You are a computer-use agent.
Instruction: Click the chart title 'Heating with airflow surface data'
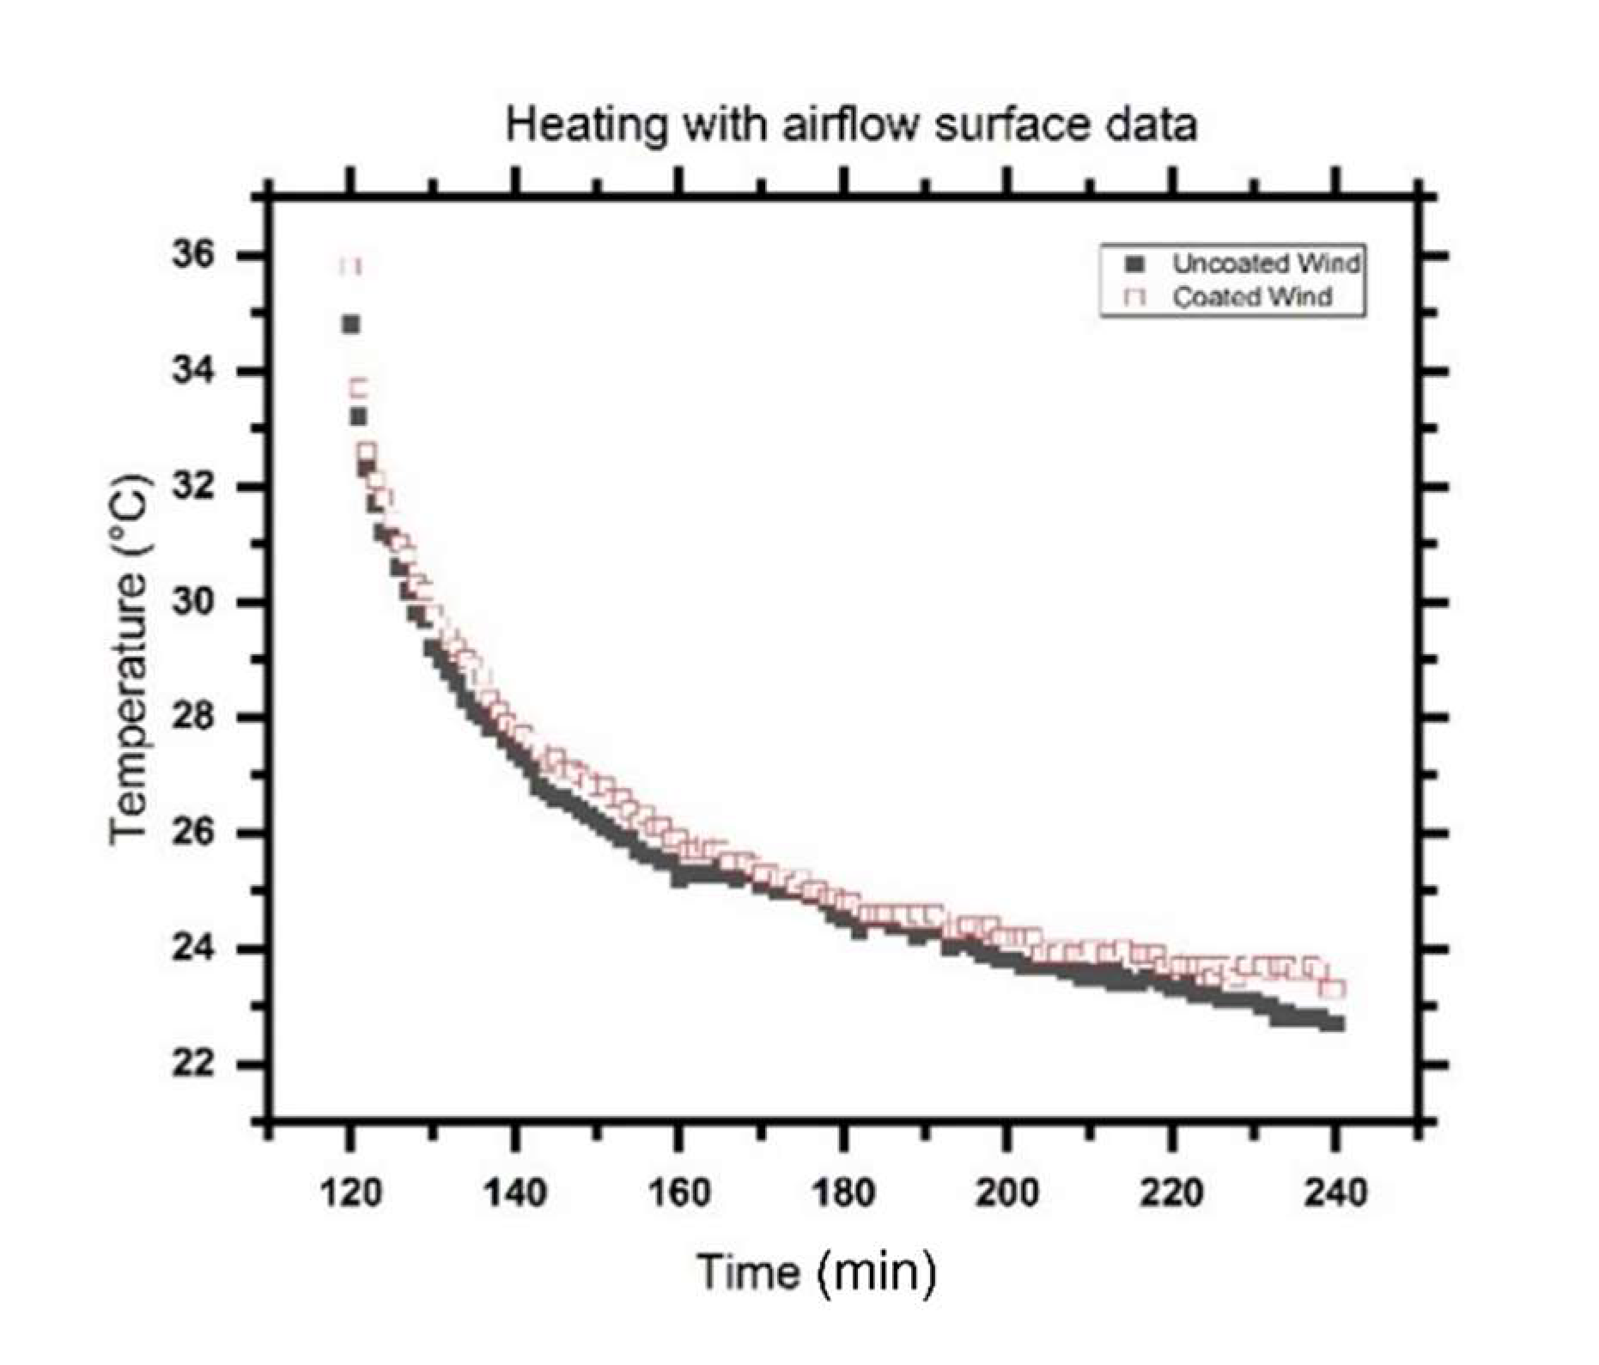coord(850,125)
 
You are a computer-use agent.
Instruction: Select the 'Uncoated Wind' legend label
coord(1266,264)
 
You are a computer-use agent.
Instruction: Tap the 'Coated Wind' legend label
coord(1252,297)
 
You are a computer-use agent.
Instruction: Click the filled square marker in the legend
coord(1136,264)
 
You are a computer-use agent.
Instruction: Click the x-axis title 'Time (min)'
coord(816,1271)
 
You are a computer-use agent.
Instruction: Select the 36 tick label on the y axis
coord(193,255)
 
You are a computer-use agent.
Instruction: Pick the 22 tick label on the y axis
coord(193,1064)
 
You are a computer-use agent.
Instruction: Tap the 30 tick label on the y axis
coord(193,602)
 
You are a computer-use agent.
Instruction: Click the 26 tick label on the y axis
coord(193,833)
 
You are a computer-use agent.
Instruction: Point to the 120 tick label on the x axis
coord(350,1192)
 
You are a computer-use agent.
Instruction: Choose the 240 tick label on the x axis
coord(1335,1192)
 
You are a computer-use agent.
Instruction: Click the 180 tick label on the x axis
coord(843,1192)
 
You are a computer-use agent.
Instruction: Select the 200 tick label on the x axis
coord(1006,1192)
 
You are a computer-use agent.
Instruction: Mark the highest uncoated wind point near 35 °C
coord(350,325)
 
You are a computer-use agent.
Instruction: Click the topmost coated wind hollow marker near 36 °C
coord(350,265)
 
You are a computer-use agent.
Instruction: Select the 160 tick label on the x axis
coord(678,1192)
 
